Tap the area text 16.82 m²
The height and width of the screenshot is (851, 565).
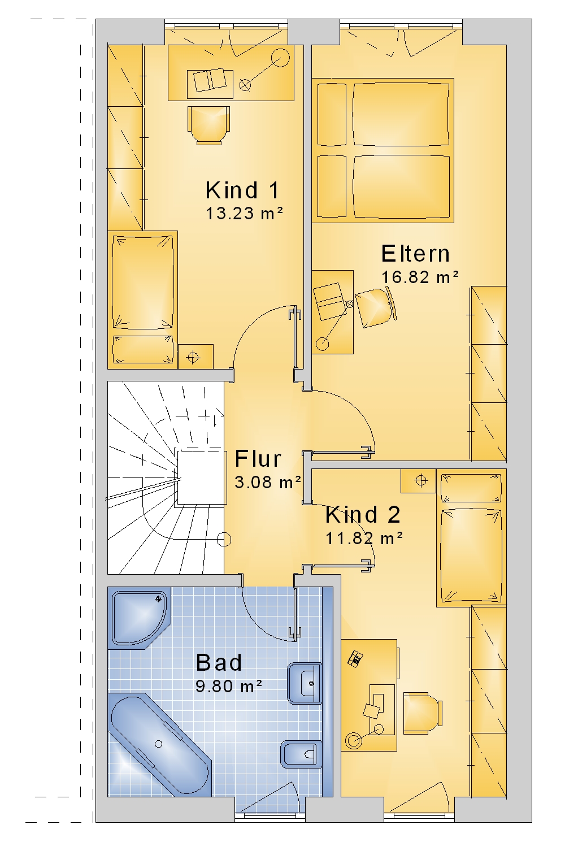pos(420,277)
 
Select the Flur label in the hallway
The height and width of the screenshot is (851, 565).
pos(258,458)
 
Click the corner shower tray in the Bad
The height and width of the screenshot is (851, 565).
pos(139,618)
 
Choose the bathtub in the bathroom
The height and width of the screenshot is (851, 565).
pos(159,744)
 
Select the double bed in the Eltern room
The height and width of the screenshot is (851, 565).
pos(383,150)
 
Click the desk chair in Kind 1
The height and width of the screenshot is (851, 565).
pos(208,125)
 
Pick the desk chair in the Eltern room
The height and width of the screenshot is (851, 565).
pos(376,307)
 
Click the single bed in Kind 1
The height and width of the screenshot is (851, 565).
pos(142,299)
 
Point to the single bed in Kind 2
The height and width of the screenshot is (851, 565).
pos(471,537)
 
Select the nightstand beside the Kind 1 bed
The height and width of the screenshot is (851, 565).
pos(195,357)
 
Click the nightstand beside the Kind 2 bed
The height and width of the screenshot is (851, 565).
pos(418,480)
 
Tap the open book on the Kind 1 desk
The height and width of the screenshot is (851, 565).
pos(210,80)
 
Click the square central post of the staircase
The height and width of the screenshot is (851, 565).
pos(200,477)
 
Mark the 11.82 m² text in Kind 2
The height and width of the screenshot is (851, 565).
pos(364,539)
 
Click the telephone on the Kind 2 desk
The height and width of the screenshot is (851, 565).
pos(355,658)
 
